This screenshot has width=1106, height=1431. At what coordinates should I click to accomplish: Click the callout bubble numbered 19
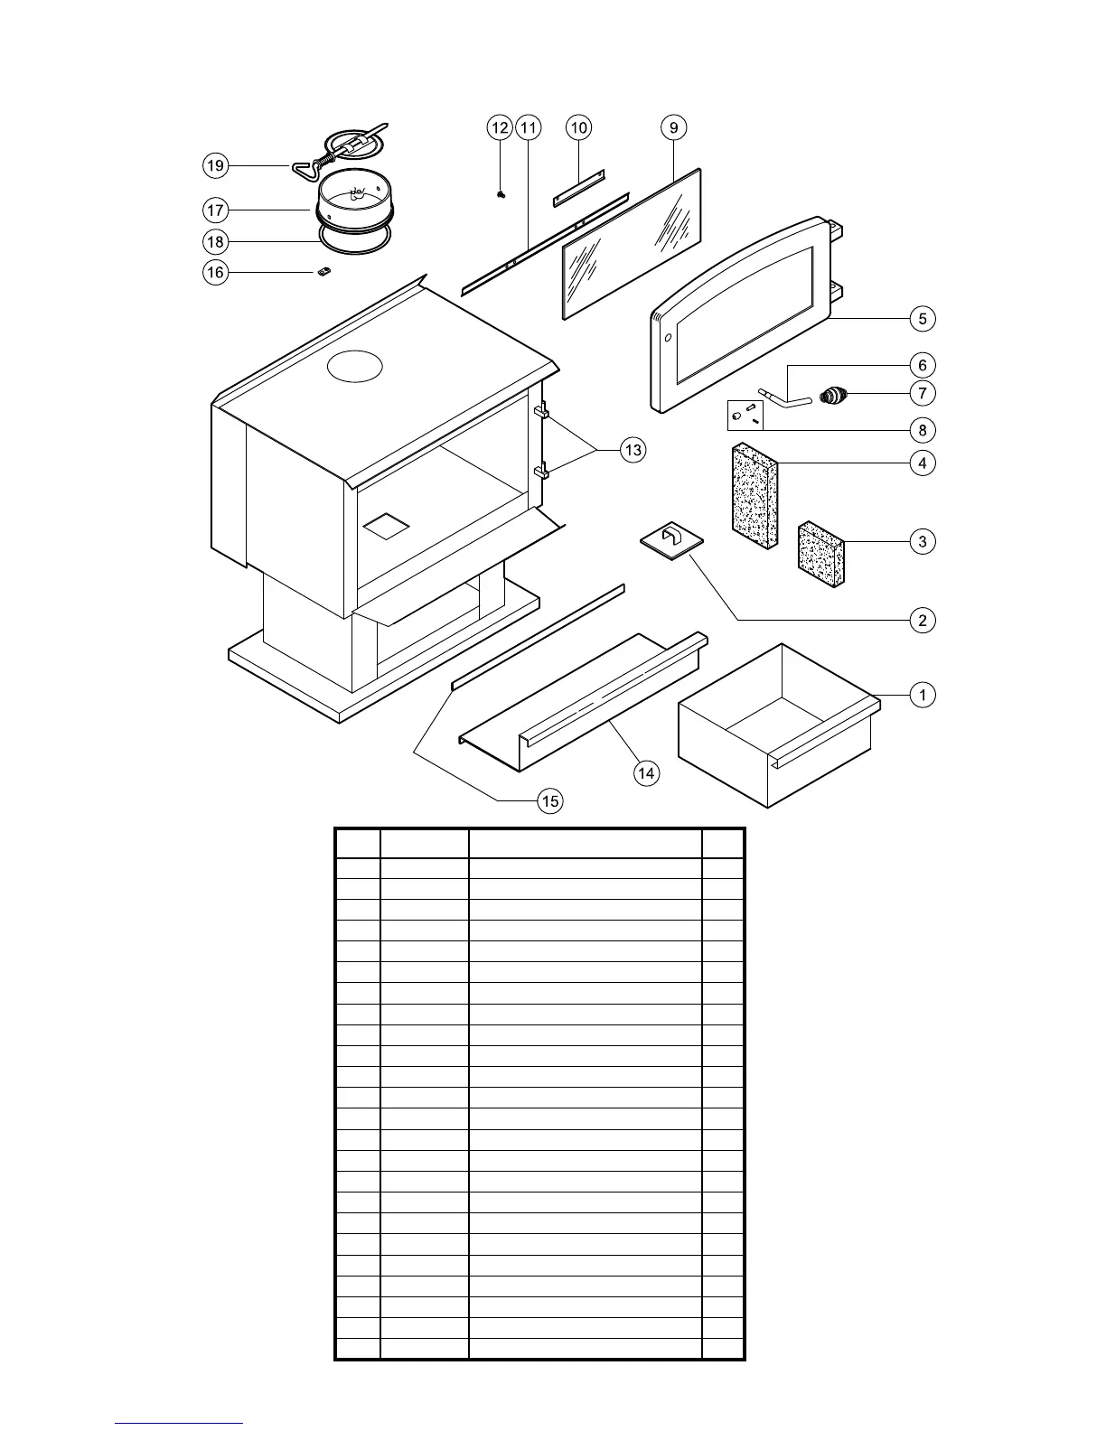(215, 166)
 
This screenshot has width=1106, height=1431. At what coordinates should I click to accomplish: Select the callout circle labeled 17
(215, 210)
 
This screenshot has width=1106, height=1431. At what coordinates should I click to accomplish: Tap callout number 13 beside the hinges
(633, 450)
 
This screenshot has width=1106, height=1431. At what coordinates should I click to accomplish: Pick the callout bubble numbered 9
(674, 128)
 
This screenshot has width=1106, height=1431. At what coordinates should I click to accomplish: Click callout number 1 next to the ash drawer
(923, 695)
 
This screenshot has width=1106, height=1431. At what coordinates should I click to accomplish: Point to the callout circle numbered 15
(550, 800)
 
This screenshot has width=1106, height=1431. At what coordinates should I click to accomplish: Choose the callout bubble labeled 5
(923, 318)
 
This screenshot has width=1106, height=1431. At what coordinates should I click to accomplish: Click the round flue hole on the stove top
(355, 366)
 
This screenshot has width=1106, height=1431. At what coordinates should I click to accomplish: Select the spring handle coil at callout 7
(835, 395)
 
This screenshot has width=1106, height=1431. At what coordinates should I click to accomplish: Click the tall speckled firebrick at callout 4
(754, 495)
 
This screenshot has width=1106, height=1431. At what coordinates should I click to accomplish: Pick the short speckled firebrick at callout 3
(821, 554)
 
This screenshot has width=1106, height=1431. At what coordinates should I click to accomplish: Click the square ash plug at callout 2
(671, 540)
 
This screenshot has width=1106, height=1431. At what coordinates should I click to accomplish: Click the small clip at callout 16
(324, 272)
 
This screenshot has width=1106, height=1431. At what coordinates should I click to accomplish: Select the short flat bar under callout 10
(578, 186)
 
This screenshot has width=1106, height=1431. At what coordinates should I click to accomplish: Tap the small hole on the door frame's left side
(668, 339)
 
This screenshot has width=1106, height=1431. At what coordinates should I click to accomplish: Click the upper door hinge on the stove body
(542, 412)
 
